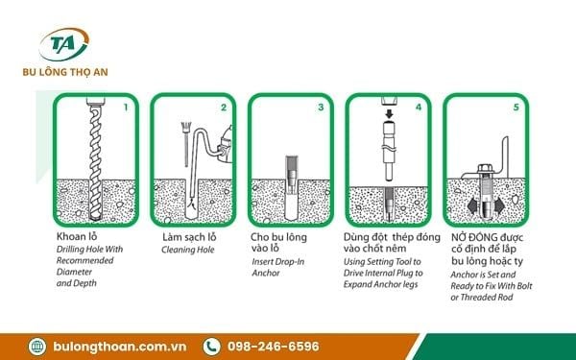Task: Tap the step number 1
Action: tap(126, 107)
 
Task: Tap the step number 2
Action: tap(224, 107)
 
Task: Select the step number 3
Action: tap(321, 107)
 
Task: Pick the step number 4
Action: tap(418, 107)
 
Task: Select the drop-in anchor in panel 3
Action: tap(289, 182)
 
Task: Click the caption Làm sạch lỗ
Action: tap(189, 235)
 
